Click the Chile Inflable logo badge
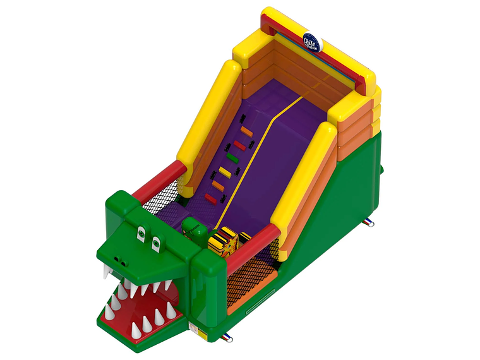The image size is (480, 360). tap(312, 42)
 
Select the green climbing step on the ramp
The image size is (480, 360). tap(232, 158)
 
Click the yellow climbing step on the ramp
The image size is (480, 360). tap(225, 172)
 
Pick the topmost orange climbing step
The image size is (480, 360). tap(246, 132)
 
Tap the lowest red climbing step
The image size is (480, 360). tap(210, 199)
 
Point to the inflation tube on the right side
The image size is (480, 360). tap(368, 222)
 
